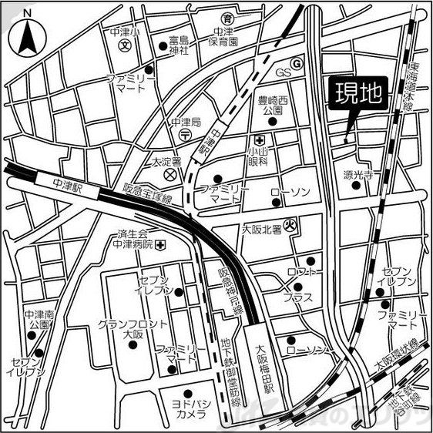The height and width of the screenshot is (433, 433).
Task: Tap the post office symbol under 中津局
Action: (186, 135)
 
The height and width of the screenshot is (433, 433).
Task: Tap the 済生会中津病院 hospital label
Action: (136, 240)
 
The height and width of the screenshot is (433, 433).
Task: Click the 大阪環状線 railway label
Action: (396, 354)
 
